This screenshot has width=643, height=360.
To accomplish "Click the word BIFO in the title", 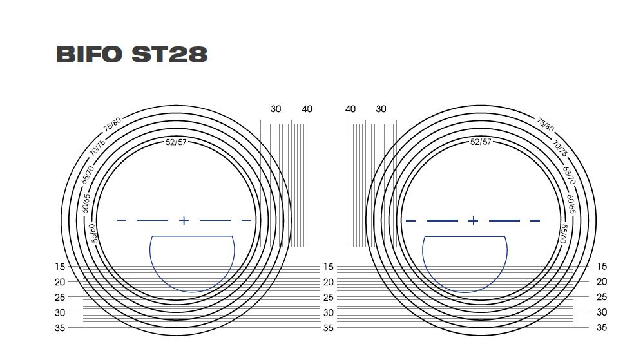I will point(89,55).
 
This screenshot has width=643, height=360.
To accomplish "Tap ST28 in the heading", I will point(169,55).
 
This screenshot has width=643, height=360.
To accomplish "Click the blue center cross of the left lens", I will point(184,220).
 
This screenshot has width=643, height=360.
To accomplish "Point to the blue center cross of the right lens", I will point(473,220).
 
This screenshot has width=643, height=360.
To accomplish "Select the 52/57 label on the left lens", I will point(176,142).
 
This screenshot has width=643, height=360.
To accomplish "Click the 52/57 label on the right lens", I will point(481,142).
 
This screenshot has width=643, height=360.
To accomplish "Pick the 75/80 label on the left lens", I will point(112,125).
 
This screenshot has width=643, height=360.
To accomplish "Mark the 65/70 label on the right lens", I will point(568,176).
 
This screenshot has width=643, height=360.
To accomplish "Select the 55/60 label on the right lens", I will point(564,232).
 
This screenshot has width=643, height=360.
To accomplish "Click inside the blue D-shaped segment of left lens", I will point(192,261).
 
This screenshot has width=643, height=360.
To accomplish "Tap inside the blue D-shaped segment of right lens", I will point(465,261).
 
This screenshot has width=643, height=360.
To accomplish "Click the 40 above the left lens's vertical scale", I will point(307,109).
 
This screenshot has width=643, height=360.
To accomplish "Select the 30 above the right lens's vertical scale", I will point(381,109).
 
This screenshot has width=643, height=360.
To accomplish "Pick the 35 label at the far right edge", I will point(602,328).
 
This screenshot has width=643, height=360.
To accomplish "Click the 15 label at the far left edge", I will point(60,267).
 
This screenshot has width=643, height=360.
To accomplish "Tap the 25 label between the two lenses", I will point(329,298).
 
